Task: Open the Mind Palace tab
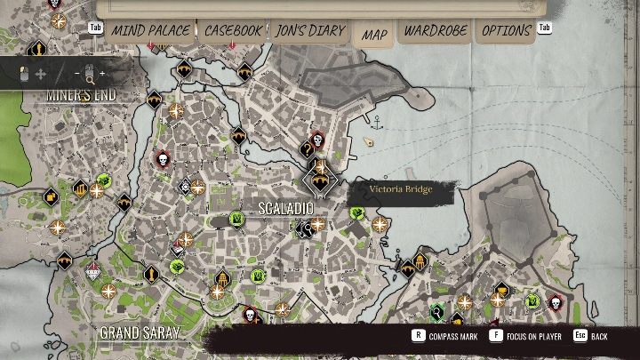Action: pyautogui.click(x=150, y=31)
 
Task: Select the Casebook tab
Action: pyautogui.click(x=233, y=31)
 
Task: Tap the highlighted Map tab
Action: pyautogui.click(x=374, y=35)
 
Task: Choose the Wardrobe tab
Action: pyautogui.click(x=436, y=31)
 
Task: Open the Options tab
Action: pyautogui.click(x=507, y=31)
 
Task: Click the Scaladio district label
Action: pyautogui.click(x=285, y=209)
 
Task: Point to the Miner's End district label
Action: pyautogui.click(x=82, y=95)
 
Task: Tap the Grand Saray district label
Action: pyautogui.click(x=140, y=332)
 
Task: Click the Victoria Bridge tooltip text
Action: pyautogui.click(x=399, y=188)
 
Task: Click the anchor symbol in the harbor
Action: pyautogui.click(x=376, y=120)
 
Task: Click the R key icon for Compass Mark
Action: pyautogui.click(x=417, y=336)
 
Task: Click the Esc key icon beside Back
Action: pyautogui.click(x=579, y=336)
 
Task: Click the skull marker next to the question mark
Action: pyautogui.click(x=317, y=139)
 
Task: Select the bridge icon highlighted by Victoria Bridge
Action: pyautogui.click(x=318, y=180)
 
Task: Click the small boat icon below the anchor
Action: pyautogui.click(x=370, y=140)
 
